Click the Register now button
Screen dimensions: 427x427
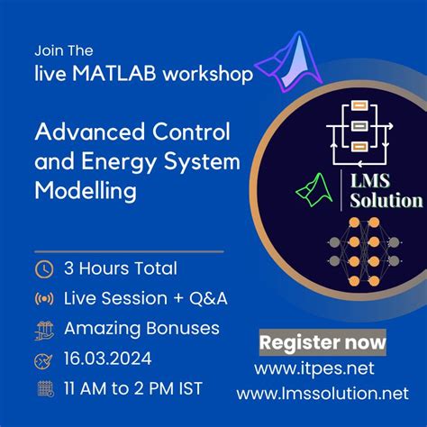323,342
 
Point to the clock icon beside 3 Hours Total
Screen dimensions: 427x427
42,268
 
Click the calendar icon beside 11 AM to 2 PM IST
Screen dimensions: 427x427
42,389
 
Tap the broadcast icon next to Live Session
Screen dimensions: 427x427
42,298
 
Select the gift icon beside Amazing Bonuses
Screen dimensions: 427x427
42,327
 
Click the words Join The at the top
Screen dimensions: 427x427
64,50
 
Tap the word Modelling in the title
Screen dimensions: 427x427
86,193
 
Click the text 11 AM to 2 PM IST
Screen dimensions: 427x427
132,389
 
